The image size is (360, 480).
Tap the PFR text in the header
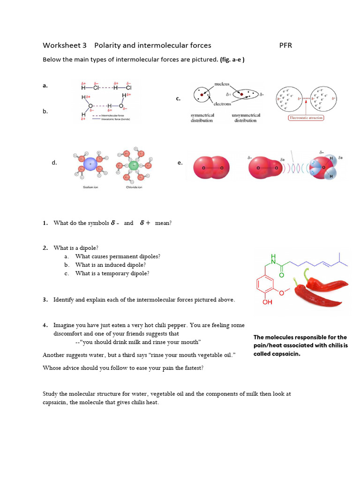point(285,45)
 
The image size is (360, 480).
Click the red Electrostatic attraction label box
point(306,118)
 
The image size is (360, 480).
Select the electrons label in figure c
point(221,104)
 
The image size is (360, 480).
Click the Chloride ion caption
point(134,187)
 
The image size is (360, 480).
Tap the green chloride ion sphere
point(134,165)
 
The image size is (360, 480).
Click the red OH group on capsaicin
point(267,302)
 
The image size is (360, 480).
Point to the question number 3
point(45,300)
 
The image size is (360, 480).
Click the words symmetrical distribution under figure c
point(202,118)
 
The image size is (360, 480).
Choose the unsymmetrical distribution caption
point(246,118)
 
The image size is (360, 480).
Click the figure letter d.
point(54,163)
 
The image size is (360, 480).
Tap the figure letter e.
point(180,163)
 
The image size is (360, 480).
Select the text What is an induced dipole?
point(110,265)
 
